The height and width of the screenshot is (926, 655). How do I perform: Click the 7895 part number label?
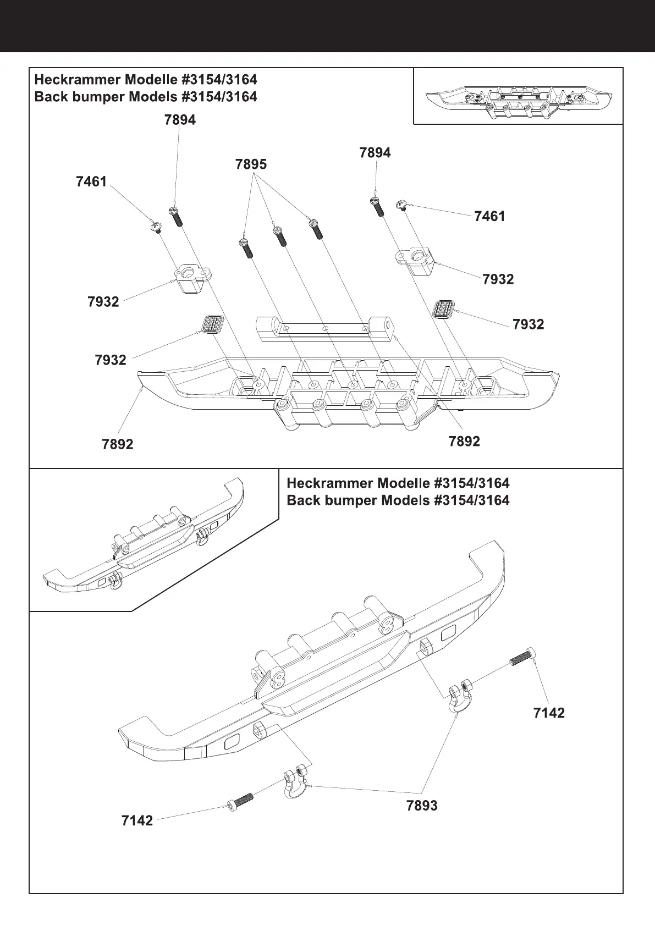click(x=251, y=164)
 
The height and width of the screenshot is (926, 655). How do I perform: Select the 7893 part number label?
click(x=422, y=806)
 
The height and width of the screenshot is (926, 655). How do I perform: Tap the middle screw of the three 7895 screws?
click(x=279, y=237)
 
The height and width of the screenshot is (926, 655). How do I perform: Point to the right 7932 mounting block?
click(x=414, y=261)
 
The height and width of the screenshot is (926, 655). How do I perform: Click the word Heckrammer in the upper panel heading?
click(x=77, y=80)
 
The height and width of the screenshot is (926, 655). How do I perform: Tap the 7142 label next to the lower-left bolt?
click(x=137, y=821)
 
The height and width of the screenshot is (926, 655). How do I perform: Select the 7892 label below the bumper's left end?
click(x=118, y=444)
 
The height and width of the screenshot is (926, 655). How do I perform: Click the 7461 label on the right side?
click(x=489, y=217)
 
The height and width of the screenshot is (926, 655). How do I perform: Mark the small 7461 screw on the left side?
click(x=156, y=227)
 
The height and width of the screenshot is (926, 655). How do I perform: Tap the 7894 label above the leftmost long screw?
click(x=180, y=120)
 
